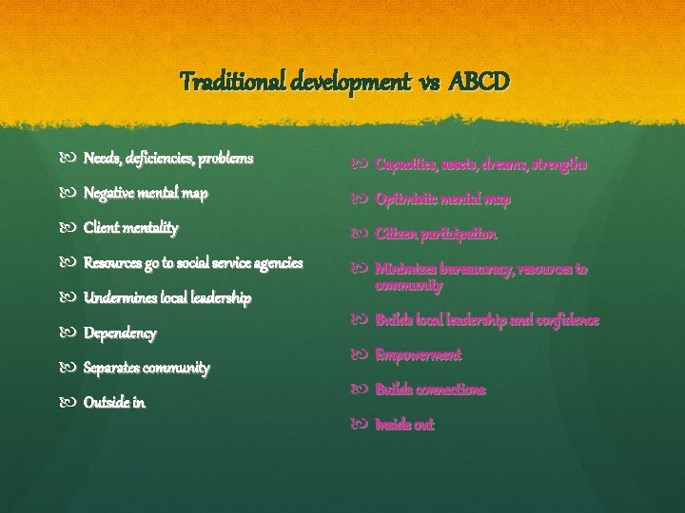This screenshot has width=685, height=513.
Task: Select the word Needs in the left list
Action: click(x=102, y=158)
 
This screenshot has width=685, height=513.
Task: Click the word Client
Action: click(x=104, y=228)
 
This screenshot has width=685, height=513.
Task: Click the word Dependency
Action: click(x=120, y=333)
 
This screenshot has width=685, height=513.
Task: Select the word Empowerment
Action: click(x=418, y=355)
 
